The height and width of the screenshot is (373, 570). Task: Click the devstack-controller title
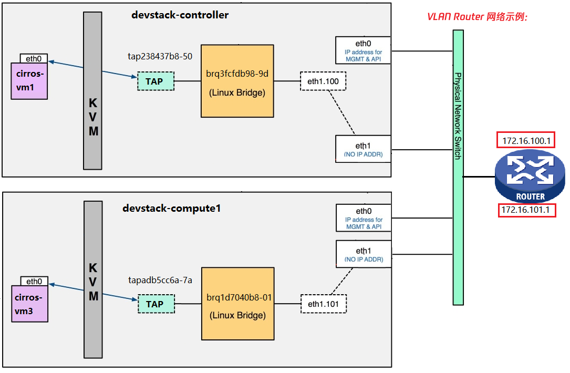tap(180, 15)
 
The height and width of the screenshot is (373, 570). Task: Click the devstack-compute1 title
tap(171, 208)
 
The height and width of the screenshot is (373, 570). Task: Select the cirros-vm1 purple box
tap(29, 81)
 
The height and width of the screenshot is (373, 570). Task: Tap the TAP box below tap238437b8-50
tap(154, 81)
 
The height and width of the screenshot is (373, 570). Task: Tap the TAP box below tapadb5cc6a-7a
tap(155, 304)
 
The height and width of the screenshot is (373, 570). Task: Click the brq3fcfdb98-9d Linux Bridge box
tap(237, 81)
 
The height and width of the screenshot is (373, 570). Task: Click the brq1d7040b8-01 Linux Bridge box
tap(237, 304)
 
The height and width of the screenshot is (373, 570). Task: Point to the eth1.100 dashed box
tap(323, 81)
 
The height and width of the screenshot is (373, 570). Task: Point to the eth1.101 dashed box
tap(323, 304)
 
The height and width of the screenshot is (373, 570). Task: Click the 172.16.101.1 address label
tap(526, 210)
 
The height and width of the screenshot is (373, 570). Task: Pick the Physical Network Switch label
tap(458, 116)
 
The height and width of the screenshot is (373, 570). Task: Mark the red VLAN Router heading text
tap(478, 17)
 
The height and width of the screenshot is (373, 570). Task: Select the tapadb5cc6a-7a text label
tap(160, 280)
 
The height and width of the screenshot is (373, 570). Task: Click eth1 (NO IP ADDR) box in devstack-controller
tap(363, 149)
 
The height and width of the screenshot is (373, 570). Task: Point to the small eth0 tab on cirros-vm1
tap(34, 58)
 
